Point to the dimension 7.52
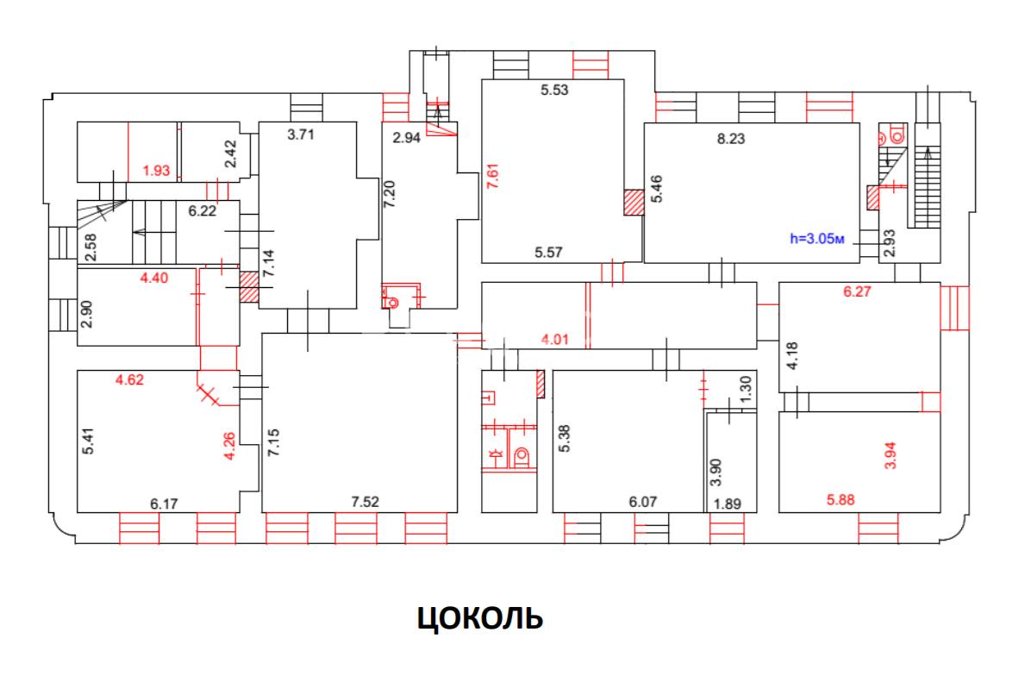[x=366, y=500]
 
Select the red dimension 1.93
[x=156, y=171]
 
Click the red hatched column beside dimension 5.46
[x=634, y=202]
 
